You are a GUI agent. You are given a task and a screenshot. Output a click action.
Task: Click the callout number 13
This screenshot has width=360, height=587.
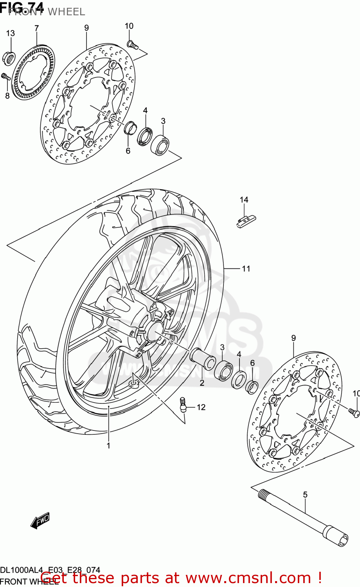10,33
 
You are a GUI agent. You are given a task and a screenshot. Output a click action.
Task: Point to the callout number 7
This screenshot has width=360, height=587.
36,28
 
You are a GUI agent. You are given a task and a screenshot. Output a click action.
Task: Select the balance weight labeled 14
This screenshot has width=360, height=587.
245,221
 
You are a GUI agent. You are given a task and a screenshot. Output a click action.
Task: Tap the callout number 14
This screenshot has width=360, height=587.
244,200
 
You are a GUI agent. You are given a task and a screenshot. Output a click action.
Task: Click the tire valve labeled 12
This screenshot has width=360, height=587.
182,404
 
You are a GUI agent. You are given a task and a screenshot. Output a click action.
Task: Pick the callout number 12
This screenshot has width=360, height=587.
201,407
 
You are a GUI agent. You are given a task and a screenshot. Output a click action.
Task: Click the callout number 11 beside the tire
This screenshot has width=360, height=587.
246,268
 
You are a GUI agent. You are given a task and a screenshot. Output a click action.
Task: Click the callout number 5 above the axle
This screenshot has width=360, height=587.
305,495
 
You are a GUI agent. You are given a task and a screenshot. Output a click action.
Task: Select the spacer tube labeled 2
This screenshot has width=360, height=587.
203,358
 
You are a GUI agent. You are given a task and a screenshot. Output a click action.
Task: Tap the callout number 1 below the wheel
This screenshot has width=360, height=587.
108,445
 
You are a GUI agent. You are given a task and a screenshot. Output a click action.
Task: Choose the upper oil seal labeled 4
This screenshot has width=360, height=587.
144,135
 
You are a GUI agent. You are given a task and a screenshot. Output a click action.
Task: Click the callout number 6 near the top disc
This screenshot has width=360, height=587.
128,151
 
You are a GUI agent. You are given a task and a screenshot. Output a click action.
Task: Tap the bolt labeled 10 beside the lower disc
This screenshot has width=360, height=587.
354,411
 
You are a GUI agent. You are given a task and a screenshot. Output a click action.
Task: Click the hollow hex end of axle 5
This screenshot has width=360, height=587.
342,540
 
